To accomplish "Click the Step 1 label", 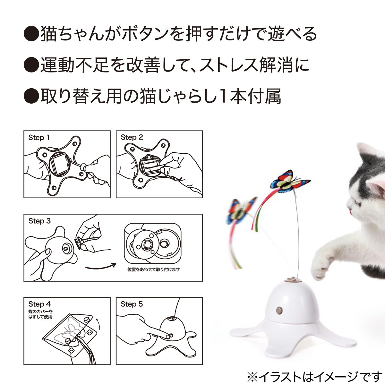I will (39, 138).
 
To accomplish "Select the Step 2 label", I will (132, 138).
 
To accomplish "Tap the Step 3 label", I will (39, 221).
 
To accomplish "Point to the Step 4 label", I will (39, 304).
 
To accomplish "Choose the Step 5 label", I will (132, 304).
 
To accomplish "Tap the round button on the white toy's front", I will (279, 310).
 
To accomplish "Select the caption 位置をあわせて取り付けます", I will (154, 269).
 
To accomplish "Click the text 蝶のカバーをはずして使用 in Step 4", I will (40, 314).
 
